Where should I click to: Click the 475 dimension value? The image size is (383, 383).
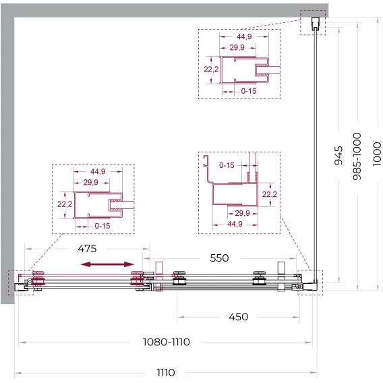(87, 249)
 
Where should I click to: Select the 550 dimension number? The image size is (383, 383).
(219, 258)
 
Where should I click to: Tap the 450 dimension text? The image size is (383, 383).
(238, 317)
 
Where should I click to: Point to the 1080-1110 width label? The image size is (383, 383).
(166, 342)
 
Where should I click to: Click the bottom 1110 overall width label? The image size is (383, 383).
(166, 372)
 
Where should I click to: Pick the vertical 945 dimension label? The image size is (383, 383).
(338, 155)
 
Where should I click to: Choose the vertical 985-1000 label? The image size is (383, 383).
(357, 156)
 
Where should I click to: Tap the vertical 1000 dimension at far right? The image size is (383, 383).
(377, 154)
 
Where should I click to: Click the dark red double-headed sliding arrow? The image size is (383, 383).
(107, 264)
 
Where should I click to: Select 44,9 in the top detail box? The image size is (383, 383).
(244, 36)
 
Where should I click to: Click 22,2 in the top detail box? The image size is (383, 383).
(211, 69)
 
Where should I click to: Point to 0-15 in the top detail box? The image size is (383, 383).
(249, 91)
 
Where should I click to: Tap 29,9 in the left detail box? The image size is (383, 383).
(90, 182)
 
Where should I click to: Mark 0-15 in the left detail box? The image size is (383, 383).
(102, 226)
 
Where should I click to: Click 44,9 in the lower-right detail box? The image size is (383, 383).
(235, 224)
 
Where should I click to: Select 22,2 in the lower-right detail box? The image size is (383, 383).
(270, 194)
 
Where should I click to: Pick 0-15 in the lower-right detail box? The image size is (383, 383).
(227, 165)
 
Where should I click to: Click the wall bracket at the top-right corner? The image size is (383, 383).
(316, 24)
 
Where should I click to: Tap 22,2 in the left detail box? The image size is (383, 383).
(65, 204)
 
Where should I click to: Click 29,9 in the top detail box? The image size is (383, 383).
(237, 47)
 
